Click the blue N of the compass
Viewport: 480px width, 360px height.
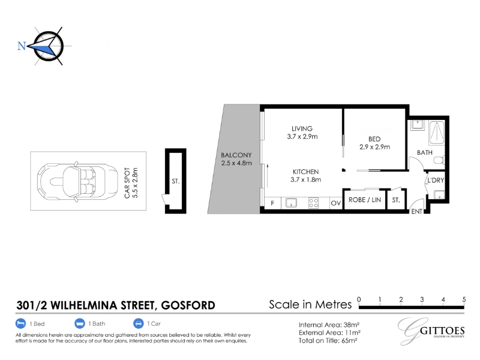click(x=22, y=46)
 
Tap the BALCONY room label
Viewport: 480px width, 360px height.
click(x=236, y=155)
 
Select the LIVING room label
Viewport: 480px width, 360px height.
click(x=302, y=128)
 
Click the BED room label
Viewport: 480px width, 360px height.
click(x=374, y=139)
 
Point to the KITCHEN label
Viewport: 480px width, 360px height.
click(x=305, y=172)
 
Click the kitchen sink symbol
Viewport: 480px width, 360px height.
click(x=291, y=203)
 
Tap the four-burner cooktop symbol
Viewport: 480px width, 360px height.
click(x=313, y=203)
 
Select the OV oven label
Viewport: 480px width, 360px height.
click(x=336, y=203)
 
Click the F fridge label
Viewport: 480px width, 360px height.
click(x=272, y=203)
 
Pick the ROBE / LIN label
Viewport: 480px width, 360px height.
click(x=365, y=200)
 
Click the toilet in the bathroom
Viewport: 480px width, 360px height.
click(x=440, y=160)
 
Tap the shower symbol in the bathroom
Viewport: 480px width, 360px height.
click(x=437, y=133)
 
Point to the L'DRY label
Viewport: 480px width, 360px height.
click(x=436, y=181)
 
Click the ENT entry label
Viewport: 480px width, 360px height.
click(x=416, y=212)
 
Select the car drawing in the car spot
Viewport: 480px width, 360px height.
click(x=77, y=182)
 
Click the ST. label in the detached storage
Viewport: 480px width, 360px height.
click(x=175, y=181)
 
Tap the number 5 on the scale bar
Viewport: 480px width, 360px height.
click(x=464, y=299)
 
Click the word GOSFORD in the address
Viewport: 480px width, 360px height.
click(x=188, y=305)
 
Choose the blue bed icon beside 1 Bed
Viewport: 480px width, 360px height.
click(x=20, y=323)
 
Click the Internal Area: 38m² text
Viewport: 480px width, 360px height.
click(x=329, y=325)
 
